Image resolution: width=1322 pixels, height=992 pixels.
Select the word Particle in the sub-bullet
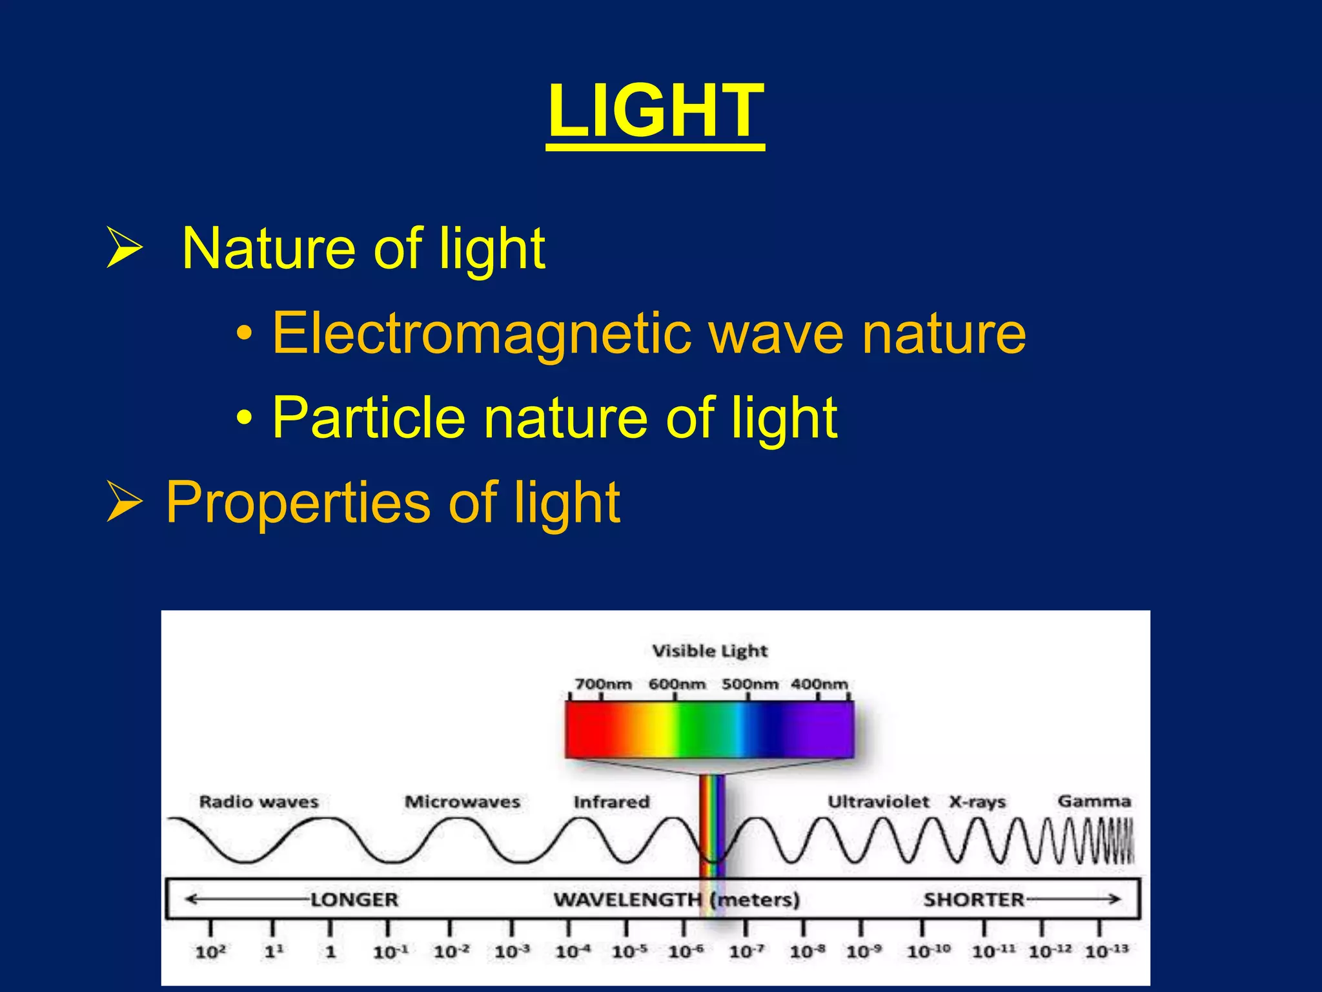369,418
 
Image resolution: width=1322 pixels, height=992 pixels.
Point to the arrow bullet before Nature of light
124,248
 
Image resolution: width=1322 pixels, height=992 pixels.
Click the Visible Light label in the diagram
709,651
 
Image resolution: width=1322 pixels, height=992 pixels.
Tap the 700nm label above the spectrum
603,684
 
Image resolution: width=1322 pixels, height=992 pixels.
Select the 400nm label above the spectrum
819,684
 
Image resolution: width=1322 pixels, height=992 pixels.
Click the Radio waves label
259,802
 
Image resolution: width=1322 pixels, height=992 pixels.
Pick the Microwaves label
462,802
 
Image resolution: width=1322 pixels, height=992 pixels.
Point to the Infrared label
611,802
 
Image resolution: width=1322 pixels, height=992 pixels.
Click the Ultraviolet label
879,802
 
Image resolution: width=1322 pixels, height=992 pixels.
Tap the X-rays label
977,802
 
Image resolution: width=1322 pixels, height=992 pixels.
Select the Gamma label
1094,801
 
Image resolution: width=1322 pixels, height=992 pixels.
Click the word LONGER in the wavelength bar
354,900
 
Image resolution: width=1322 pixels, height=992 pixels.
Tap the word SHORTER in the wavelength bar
973,900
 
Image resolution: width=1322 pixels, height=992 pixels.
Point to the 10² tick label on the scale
210,951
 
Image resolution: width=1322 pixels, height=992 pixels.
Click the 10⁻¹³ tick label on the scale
1106,951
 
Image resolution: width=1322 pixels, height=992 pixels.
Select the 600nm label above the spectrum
676,684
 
